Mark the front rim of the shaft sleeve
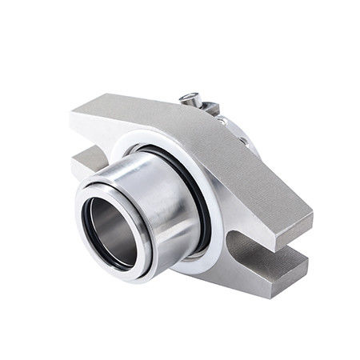[x=88, y=240]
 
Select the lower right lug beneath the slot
[x=276, y=268]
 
